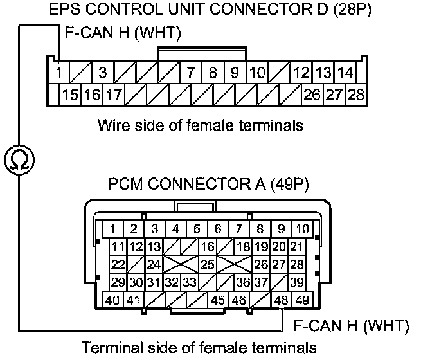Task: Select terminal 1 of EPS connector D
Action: pyautogui.click(x=59, y=72)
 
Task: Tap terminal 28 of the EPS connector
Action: pyautogui.click(x=355, y=95)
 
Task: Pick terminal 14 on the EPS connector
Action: pyautogui.click(x=345, y=72)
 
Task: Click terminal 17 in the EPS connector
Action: pyautogui.click(x=114, y=95)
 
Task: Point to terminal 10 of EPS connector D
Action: pyautogui.click(x=257, y=72)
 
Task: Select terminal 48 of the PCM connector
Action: pyautogui.click(x=280, y=300)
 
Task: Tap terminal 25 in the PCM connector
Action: pyautogui.click(x=207, y=264)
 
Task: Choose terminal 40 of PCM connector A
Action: pyautogui.click(x=113, y=300)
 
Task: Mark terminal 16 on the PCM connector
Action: pyautogui.click(x=207, y=247)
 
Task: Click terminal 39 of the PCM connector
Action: pyautogui.click(x=296, y=282)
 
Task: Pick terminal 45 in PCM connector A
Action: pyautogui.click(x=218, y=300)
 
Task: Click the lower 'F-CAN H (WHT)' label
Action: pyautogui.click(x=351, y=326)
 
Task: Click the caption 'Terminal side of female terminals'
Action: pyautogui.click(x=199, y=348)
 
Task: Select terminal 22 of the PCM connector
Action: pyautogui.click(x=118, y=264)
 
